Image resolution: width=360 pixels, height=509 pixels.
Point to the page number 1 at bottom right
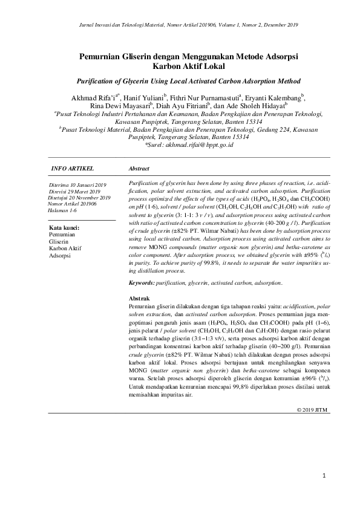click(x=324, y=476)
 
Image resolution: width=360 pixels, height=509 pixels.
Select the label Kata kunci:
click(x=65, y=228)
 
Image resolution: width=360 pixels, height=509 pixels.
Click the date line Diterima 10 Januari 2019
click(x=77, y=184)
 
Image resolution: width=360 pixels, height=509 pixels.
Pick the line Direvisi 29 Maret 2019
click(x=76, y=191)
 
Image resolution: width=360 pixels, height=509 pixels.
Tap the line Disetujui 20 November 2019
click(x=79, y=198)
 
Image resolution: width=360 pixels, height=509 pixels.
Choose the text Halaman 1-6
click(x=63, y=210)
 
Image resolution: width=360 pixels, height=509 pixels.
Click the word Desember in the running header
click(x=273, y=25)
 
